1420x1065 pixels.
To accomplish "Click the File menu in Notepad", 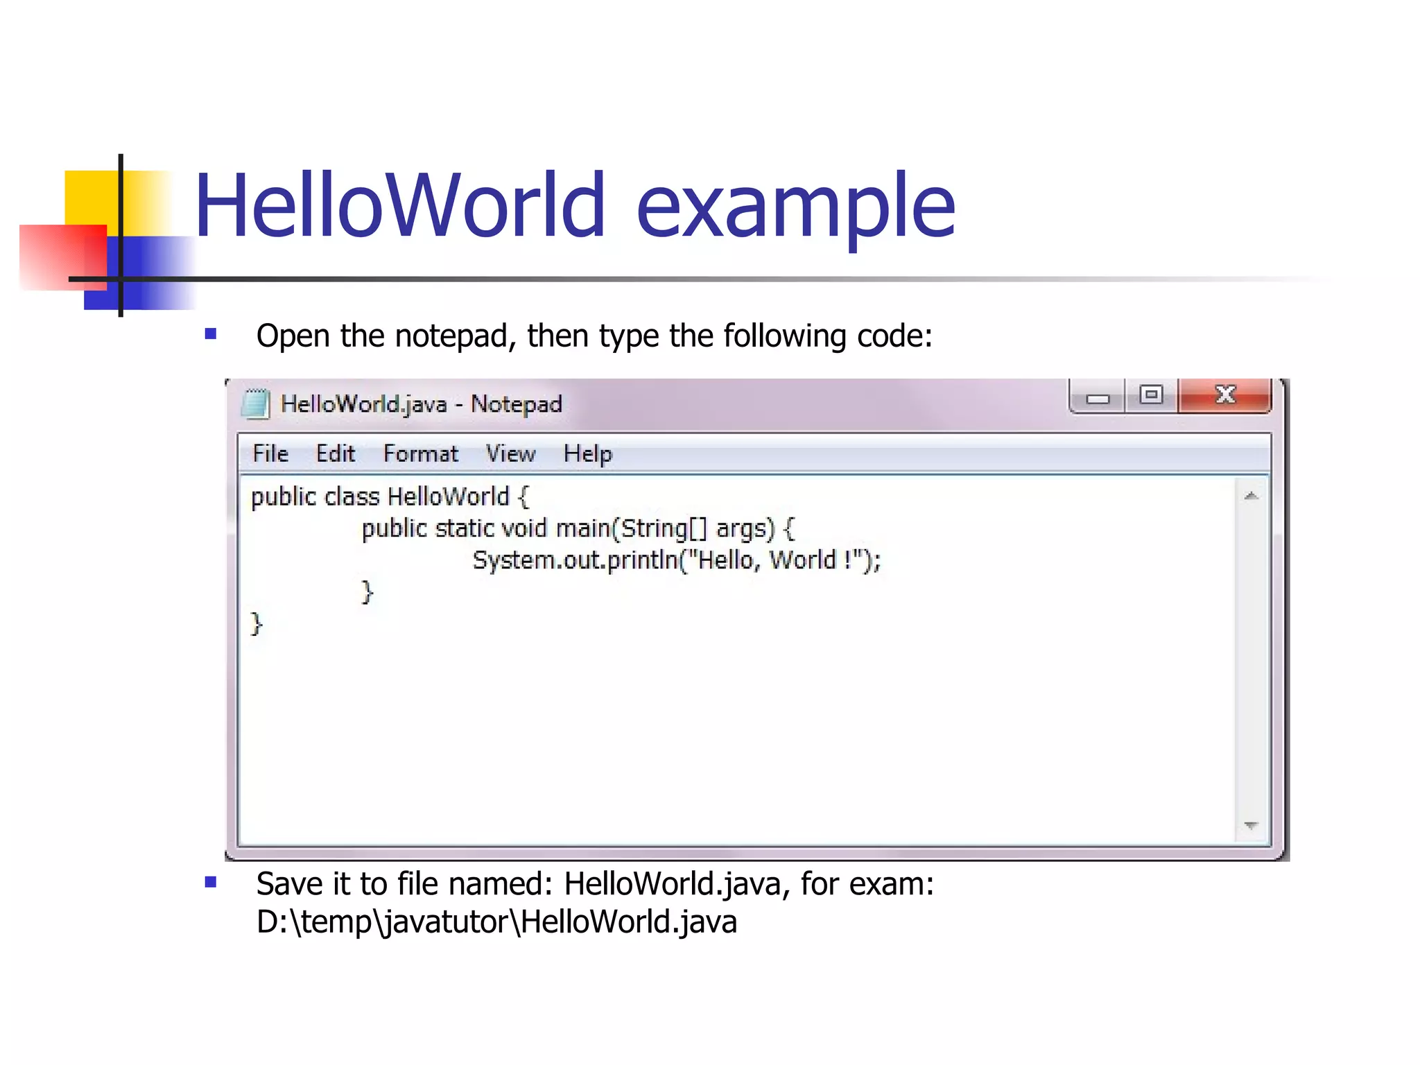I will tap(270, 454).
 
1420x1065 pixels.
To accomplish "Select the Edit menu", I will tap(336, 454).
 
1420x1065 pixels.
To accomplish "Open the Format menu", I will tap(421, 454).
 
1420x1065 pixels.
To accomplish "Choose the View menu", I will tap(511, 454).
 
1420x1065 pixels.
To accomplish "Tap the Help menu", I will tap(588, 454).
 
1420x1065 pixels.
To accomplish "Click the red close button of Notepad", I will tap(1225, 395).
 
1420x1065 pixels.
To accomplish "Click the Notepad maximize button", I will tap(1152, 396).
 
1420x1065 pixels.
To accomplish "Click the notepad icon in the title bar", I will tap(255, 404).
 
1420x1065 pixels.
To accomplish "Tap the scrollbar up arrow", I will tap(1252, 496).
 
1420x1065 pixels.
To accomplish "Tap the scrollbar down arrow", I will tap(1252, 825).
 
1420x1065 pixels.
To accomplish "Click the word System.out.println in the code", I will tap(575, 560).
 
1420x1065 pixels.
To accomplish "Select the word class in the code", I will tap(352, 497).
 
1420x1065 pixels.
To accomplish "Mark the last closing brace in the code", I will tap(257, 624).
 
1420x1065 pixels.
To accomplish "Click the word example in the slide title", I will tap(795, 206).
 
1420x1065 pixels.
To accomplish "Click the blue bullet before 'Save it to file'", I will tap(211, 883).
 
